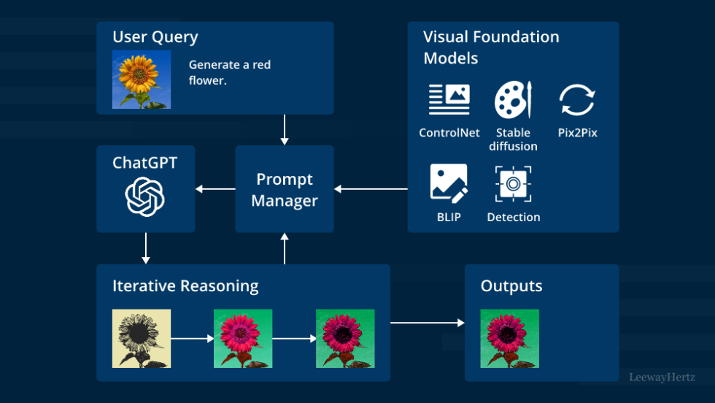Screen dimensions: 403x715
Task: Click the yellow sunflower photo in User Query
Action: point(141,80)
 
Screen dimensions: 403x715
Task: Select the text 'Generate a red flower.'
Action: point(229,72)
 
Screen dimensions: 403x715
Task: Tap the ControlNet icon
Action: point(449,100)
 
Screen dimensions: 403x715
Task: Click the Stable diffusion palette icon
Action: point(513,100)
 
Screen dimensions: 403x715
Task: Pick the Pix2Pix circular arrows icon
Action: point(577,100)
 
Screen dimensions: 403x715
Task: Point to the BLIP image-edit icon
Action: point(449,183)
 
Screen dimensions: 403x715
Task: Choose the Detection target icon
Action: point(513,183)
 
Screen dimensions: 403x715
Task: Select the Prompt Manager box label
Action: point(285,190)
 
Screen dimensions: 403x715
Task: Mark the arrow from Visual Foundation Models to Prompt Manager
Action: point(371,190)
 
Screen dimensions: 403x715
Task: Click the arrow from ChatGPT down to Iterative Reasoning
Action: point(145,248)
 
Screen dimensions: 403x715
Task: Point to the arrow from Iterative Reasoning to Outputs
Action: point(428,322)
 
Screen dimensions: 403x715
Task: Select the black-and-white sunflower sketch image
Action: point(141,338)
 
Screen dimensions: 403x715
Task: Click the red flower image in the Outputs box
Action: point(509,338)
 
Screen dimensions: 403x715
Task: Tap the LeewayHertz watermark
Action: point(662,377)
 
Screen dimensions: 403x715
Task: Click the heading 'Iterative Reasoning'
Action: point(185,285)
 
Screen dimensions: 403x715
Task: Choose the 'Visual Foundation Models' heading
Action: point(491,46)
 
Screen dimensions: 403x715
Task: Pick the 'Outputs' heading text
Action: point(511,285)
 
